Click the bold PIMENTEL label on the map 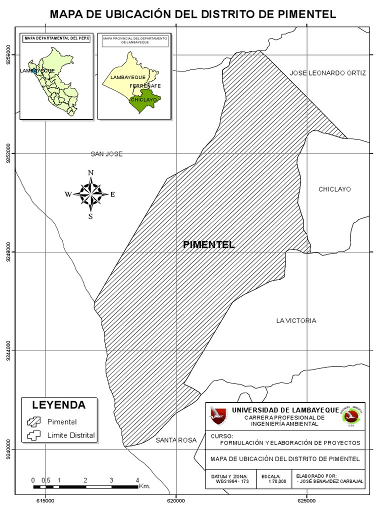point(208,244)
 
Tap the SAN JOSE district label point(106,154)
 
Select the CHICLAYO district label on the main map point(334,189)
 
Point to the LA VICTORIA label point(296,320)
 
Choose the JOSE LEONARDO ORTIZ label point(327,73)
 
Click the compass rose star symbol point(90,194)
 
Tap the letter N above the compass point(90,173)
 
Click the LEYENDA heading point(59,404)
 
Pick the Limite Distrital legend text point(70,435)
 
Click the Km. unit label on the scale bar point(144,485)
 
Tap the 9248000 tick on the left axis point(8,252)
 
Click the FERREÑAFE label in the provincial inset point(145,86)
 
